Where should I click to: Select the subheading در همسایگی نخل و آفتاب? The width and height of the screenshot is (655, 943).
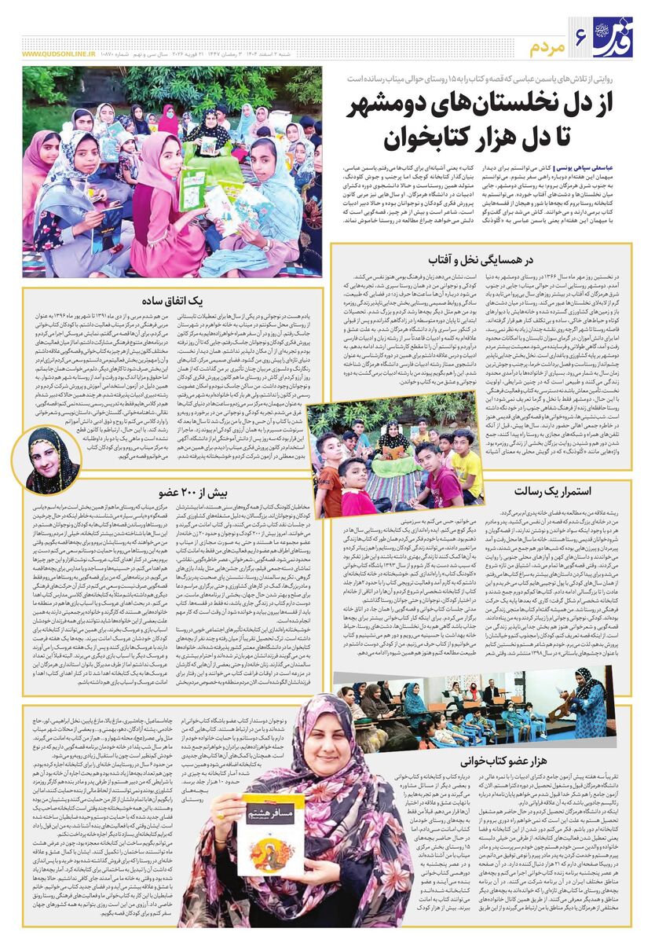(x=481, y=259)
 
